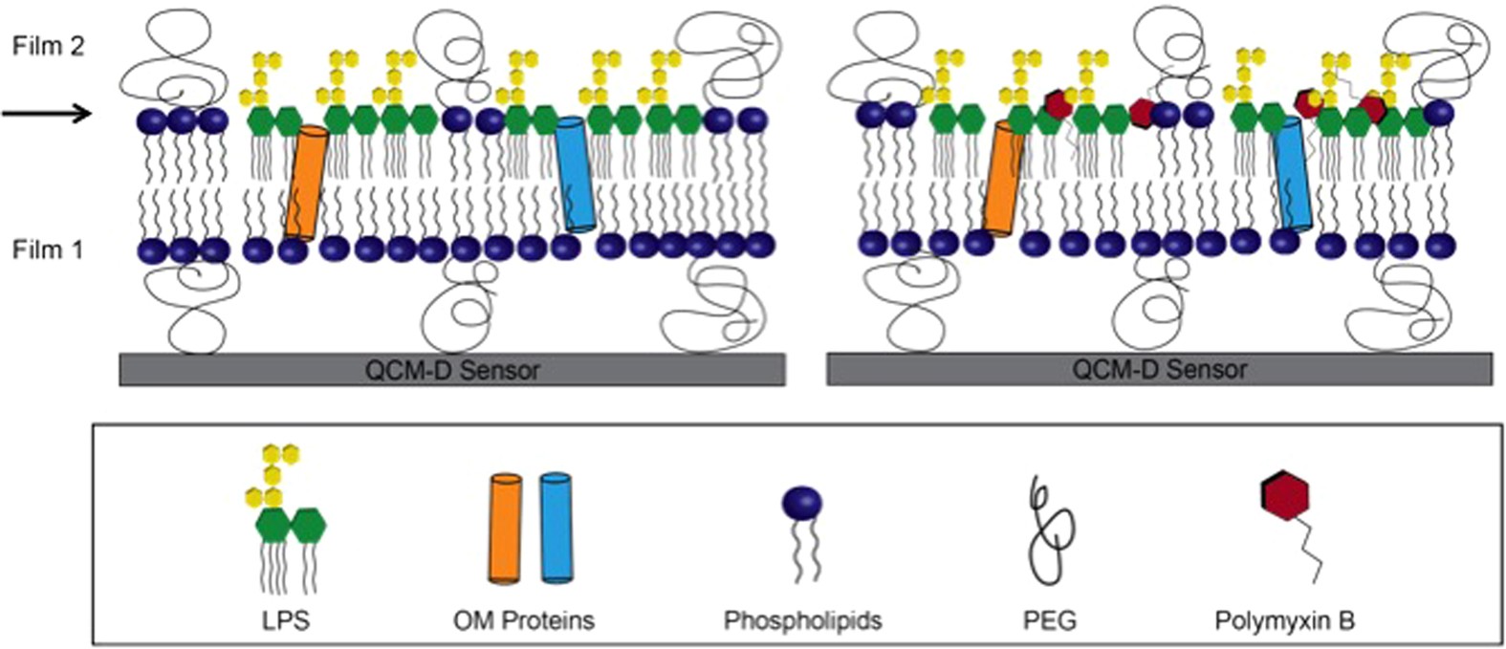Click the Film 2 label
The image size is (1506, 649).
49,46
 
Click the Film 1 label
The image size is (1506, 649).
49,250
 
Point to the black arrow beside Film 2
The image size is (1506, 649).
46,115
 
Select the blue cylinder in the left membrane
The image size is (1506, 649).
576,174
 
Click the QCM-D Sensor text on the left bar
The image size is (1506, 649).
452,370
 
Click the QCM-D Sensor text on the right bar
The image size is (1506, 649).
1159,370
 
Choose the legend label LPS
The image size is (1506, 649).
287,621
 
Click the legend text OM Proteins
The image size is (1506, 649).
523,621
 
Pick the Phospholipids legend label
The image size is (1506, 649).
802,621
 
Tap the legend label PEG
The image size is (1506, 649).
1050,621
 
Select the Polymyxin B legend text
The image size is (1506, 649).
1284,621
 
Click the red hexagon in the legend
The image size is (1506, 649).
1284,496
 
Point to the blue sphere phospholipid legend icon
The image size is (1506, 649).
802,503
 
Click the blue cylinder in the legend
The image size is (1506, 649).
556,528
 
